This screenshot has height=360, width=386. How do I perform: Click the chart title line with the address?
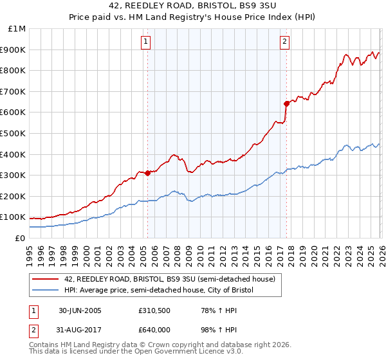(193, 6)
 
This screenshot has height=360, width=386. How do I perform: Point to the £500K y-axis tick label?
(14, 134)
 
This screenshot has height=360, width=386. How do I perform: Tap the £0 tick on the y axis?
(21, 238)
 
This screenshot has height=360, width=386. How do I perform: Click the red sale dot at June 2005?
(147, 173)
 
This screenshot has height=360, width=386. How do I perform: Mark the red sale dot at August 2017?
(286, 104)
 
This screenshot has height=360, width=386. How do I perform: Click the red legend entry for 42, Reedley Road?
(170, 279)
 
